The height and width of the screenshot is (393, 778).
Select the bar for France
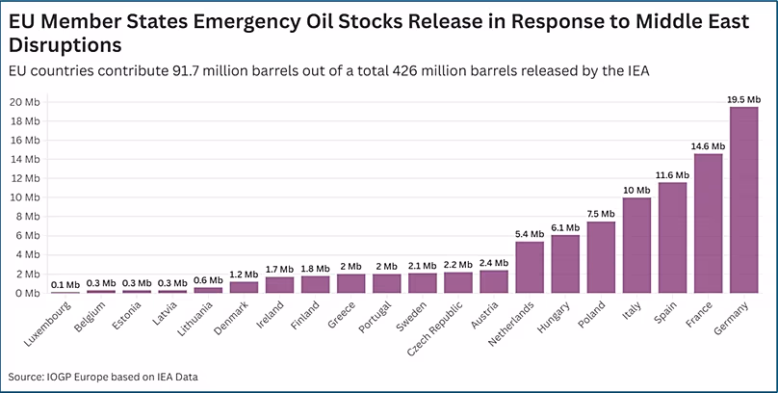(708, 223)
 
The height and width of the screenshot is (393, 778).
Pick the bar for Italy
(636, 246)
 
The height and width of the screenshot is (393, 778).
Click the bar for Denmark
(245, 287)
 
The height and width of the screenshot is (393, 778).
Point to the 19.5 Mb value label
(743, 99)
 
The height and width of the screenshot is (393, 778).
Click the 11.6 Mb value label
(672, 175)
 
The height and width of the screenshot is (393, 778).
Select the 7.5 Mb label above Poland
(601, 214)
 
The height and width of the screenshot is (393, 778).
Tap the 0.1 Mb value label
(65, 284)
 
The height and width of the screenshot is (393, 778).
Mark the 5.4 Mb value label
(530, 234)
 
